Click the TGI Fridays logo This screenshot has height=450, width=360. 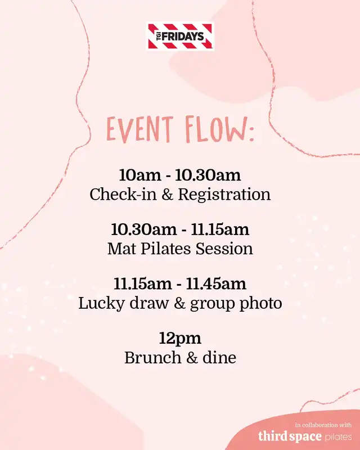180,37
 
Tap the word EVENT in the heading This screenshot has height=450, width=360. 140,129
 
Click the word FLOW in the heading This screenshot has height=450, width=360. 216,130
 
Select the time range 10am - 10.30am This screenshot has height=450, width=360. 180,175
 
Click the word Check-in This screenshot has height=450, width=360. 123,194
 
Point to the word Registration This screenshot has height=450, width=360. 224,195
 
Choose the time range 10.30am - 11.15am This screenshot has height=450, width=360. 180,229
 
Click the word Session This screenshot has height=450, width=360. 224,249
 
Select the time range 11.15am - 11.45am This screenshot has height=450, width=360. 180,283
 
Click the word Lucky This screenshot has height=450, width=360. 101,303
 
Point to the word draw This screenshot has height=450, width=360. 149,303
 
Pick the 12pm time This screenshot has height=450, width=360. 180,339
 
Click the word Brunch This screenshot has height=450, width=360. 153,358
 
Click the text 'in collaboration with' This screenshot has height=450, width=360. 323,425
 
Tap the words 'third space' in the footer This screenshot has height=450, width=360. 290,436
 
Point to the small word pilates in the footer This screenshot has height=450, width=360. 339,437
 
